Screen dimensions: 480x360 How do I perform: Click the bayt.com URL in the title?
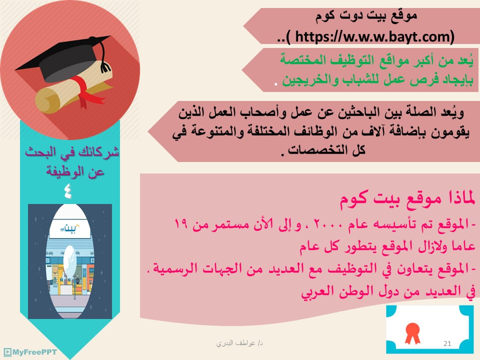(x=374, y=36)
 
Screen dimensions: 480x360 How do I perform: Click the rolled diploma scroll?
(x=73, y=87)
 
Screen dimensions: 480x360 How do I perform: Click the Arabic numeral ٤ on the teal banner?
(x=68, y=191)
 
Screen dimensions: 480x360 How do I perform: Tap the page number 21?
(x=447, y=343)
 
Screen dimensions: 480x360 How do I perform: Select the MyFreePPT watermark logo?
(x=30, y=352)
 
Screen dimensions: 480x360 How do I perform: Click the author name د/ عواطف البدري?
(x=239, y=343)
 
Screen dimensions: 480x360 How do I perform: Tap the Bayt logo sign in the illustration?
(x=70, y=228)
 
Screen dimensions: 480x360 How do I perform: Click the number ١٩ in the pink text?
(x=181, y=224)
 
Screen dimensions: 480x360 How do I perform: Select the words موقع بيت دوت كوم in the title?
(x=366, y=16)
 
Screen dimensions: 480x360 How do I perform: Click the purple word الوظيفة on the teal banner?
(x=59, y=171)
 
